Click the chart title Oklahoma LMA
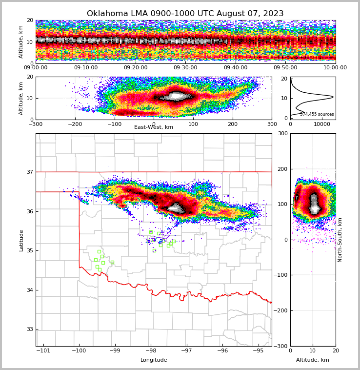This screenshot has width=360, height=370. (x=185, y=14)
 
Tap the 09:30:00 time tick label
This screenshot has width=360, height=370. (x=185, y=68)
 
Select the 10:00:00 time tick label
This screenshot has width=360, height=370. (x=335, y=68)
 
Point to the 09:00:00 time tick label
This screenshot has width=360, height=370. (x=36, y=68)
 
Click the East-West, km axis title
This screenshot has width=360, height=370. (x=154, y=127)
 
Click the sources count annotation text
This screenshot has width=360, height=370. (x=317, y=114)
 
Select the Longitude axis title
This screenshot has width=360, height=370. (x=154, y=360)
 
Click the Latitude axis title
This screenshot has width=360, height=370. (x=21, y=240)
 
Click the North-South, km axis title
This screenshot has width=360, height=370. (x=340, y=240)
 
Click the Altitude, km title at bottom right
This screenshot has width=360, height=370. (x=313, y=360)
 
